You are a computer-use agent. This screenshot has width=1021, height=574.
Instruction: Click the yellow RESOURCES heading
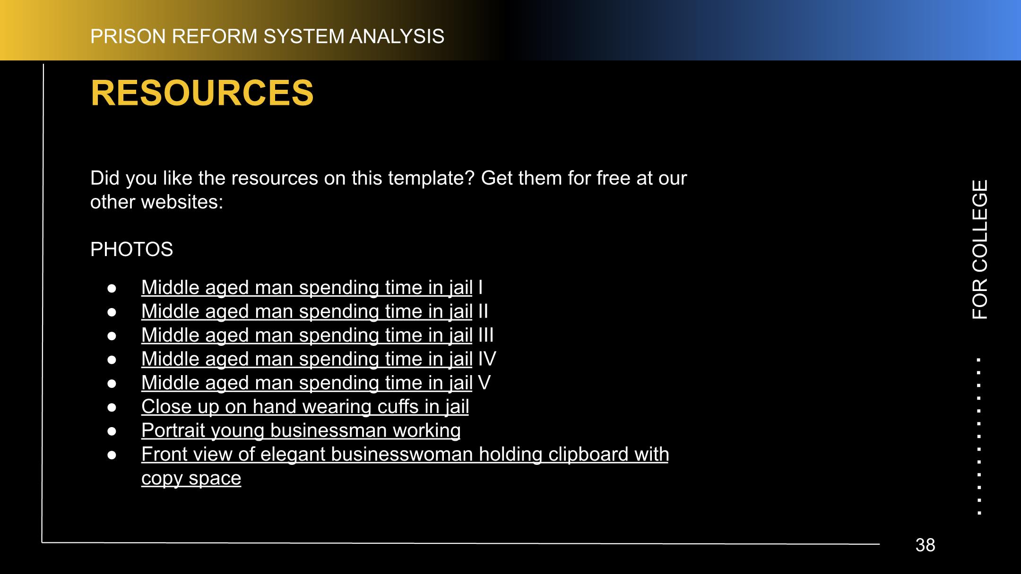(202, 93)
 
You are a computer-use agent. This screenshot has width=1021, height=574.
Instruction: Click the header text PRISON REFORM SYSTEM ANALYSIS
(267, 36)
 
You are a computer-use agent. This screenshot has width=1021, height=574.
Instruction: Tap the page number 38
(925, 545)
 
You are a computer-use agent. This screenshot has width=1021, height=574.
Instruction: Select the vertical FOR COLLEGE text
(980, 249)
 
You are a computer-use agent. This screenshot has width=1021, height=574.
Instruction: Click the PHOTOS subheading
(131, 249)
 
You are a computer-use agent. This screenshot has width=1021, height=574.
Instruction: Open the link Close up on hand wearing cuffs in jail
(305, 407)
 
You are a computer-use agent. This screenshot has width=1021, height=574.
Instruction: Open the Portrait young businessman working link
(301, 430)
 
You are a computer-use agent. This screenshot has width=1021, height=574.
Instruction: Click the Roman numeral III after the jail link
(486, 335)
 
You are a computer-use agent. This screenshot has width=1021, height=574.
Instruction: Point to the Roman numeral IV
(487, 359)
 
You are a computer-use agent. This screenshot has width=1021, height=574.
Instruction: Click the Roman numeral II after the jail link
(483, 311)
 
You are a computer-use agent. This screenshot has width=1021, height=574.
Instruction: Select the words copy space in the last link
(191, 478)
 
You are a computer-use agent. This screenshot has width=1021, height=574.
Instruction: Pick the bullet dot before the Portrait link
(112, 431)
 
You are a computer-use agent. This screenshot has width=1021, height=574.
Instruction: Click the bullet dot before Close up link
(112, 407)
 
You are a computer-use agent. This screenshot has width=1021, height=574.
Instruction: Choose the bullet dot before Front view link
(112, 454)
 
